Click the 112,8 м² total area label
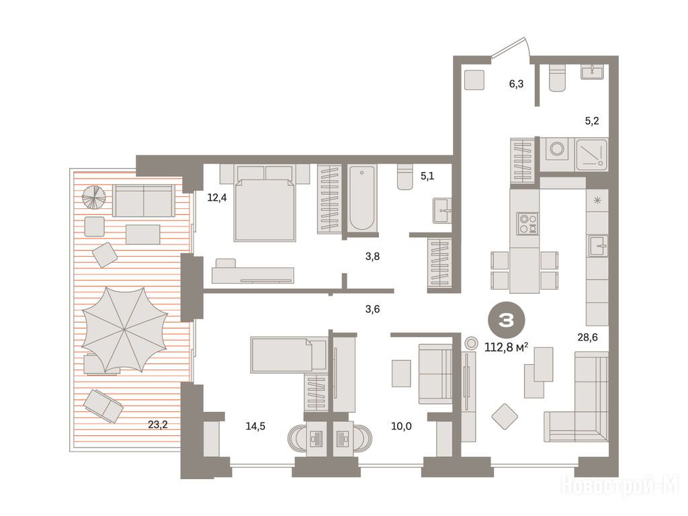tap(506, 347)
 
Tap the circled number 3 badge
tap(506, 321)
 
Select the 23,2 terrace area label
tap(158, 425)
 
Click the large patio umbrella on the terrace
tap(124, 329)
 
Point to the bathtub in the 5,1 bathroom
tap(362, 198)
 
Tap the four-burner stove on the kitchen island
tap(527, 223)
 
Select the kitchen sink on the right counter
tap(598, 246)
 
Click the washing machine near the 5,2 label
tap(557, 149)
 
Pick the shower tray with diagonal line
tap(591, 155)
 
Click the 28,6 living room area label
tap(587, 337)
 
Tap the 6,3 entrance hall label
tap(516, 83)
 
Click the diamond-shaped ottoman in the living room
tap(505, 417)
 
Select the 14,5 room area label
tap(255, 426)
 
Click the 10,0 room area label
tap(401, 426)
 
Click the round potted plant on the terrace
tap(94, 198)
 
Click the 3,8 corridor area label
tap(372, 256)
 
